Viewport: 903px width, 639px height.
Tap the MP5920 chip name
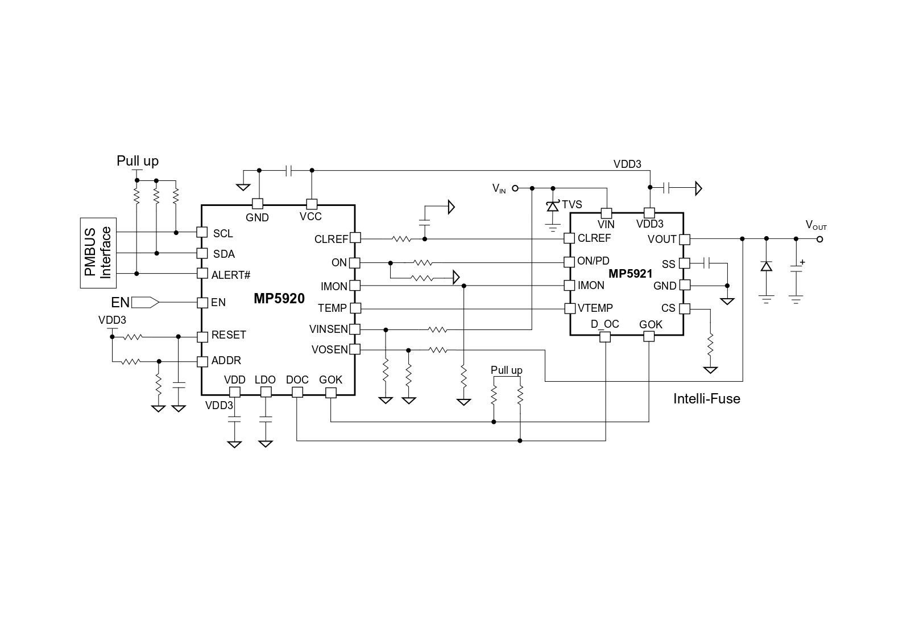click(x=279, y=299)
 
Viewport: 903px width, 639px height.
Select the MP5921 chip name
click(x=630, y=274)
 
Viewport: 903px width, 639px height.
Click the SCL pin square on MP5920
click(x=202, y=232)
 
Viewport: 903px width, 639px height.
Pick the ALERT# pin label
click(x=231, y=275)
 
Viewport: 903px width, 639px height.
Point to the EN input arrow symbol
click(x=146, y=303)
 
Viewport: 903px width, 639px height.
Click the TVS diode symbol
click(x=553, y=206)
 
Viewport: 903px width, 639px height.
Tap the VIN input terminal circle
click(x=515, y=188)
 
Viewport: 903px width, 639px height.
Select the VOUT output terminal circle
click(x=819, y=239)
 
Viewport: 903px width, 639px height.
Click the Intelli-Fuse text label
click(x=707, y=399)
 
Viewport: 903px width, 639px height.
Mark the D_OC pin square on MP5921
click(x=605, y=336)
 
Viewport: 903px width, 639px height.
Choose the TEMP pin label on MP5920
click(x=332, y=308)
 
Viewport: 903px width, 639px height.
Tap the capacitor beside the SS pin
click(x=706, y=263)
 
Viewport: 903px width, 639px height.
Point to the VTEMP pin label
click(x=595, y=308)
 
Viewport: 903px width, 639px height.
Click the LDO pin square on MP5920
click(x=266, y=392)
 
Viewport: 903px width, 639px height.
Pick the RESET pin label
click(x=229, y=335)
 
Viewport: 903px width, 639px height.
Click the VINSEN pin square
click(x=355, y=329)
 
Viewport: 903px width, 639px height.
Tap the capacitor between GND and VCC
click(x=288, y=171)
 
